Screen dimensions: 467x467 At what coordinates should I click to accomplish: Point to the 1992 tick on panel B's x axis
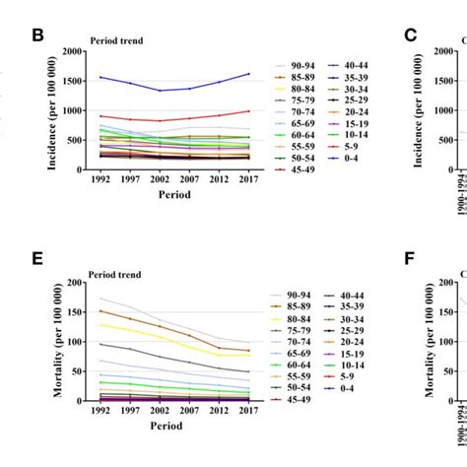pos(100,181)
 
